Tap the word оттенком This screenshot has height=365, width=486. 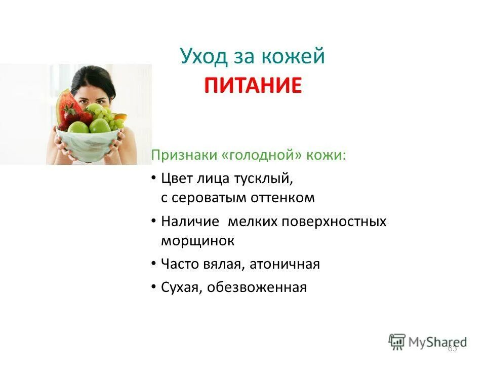[282, 198]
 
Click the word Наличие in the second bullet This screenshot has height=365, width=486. [190, 222]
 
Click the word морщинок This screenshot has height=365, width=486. [197, 240]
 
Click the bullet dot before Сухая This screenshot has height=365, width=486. [154, 287]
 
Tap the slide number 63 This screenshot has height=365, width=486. [452, 348]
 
